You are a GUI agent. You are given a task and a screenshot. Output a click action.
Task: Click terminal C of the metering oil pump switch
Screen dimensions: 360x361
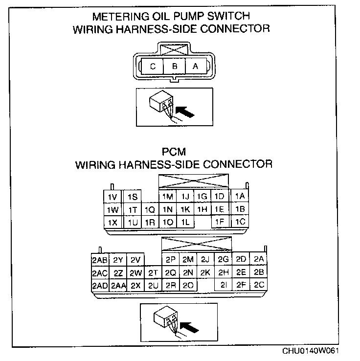[x=153, y=67]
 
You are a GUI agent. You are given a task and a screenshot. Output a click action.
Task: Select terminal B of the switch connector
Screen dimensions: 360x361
[x=174, y=67]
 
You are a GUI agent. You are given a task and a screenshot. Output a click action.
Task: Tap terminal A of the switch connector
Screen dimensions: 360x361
[x=195, y=67]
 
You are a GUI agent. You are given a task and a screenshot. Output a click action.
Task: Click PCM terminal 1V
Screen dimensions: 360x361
[x=112, y=197]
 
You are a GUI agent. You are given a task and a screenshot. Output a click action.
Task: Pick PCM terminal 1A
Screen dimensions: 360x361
[x=240, y=196]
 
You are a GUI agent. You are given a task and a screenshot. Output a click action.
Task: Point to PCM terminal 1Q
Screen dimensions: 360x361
[x=150, y=209]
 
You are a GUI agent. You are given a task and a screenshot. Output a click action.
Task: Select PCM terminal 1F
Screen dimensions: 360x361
[x=220, y=222]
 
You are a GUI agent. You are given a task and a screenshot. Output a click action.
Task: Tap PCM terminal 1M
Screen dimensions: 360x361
[x=168, y=197]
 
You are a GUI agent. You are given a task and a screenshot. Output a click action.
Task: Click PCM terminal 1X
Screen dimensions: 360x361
[x=112, y=222]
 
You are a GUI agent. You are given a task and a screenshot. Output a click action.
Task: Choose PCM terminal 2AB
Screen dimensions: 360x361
[x=99, y=260]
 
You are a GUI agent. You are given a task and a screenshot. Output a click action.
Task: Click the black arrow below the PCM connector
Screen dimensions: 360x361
[x=188, y=324]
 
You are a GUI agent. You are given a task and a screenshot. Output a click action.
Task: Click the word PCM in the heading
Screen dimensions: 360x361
[x=174, y=152]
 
